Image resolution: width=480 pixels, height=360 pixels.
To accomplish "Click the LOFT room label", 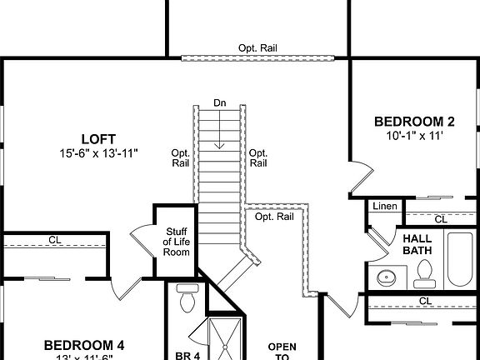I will (x=97, y=138).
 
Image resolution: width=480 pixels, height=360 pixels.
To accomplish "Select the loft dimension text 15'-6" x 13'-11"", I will (x=97, y=152).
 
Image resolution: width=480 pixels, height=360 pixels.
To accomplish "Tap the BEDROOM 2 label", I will (x=413, y=120).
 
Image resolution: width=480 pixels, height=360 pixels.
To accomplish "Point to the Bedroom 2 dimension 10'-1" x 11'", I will (x=413, y=135).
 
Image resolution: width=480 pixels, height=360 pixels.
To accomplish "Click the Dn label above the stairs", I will (x=219, y=103).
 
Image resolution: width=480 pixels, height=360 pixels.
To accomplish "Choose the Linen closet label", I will (x=384, y=206).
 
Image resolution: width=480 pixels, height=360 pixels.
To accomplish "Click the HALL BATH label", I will (x=417, y=243).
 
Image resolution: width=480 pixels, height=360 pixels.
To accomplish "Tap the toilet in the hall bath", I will (x=424, y=272).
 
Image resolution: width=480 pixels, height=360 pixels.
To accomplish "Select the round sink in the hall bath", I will (x=387, y=277).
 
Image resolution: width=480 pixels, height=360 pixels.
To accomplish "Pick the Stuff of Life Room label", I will (x=176, y=241).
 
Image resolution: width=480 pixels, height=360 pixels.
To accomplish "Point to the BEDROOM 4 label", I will (x=84, y=343).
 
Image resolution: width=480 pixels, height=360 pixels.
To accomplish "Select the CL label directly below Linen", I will (x=441, y=219).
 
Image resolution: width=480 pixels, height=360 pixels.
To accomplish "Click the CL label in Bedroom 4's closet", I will (x=54, y=240).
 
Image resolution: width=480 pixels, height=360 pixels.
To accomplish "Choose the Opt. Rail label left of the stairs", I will (x=181, y=157).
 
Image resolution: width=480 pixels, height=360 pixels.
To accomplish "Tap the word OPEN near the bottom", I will (x=282, y=346).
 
